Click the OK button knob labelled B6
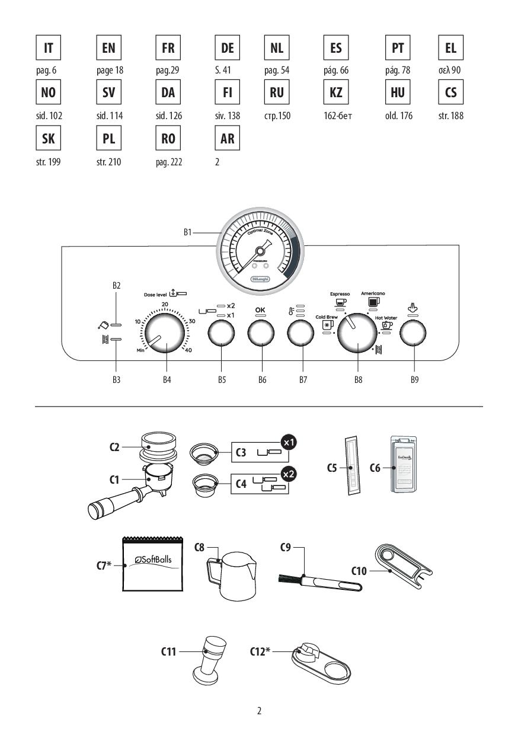click(261, 335)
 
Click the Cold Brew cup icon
click(327, 324)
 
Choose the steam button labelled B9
click(414, 335)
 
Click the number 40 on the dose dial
click(188, 350)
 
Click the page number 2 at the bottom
click(259, 710)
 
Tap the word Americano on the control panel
click(374, 293)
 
